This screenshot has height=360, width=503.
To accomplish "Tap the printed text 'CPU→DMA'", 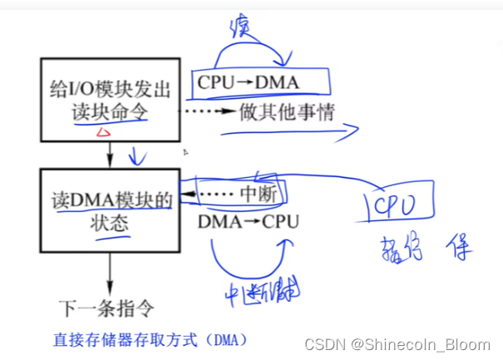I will click(245, 83).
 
